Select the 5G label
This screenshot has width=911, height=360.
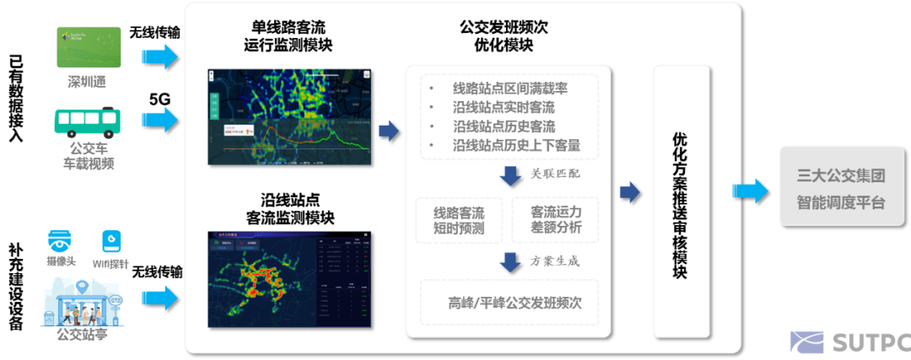click(160, 99)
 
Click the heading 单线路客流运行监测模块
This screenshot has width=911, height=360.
click(286, 36)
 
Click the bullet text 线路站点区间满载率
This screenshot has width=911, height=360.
click(508, 89)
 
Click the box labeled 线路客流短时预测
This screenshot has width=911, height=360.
click(459, 219)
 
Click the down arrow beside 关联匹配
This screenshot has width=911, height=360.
click(509, 176)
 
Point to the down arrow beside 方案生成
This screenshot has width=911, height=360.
click(509, 262)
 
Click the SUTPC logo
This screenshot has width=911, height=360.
click(849, 342)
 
